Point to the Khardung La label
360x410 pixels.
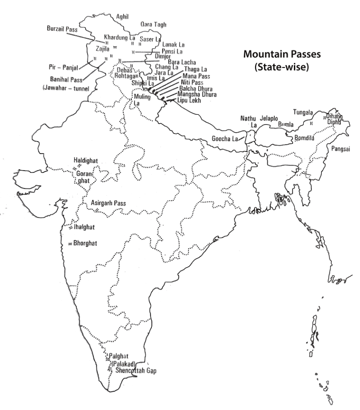click(120, 37)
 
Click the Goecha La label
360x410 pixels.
click(225, 139)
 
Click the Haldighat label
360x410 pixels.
click(85, 160)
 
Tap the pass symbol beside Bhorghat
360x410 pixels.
click(70, 244)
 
